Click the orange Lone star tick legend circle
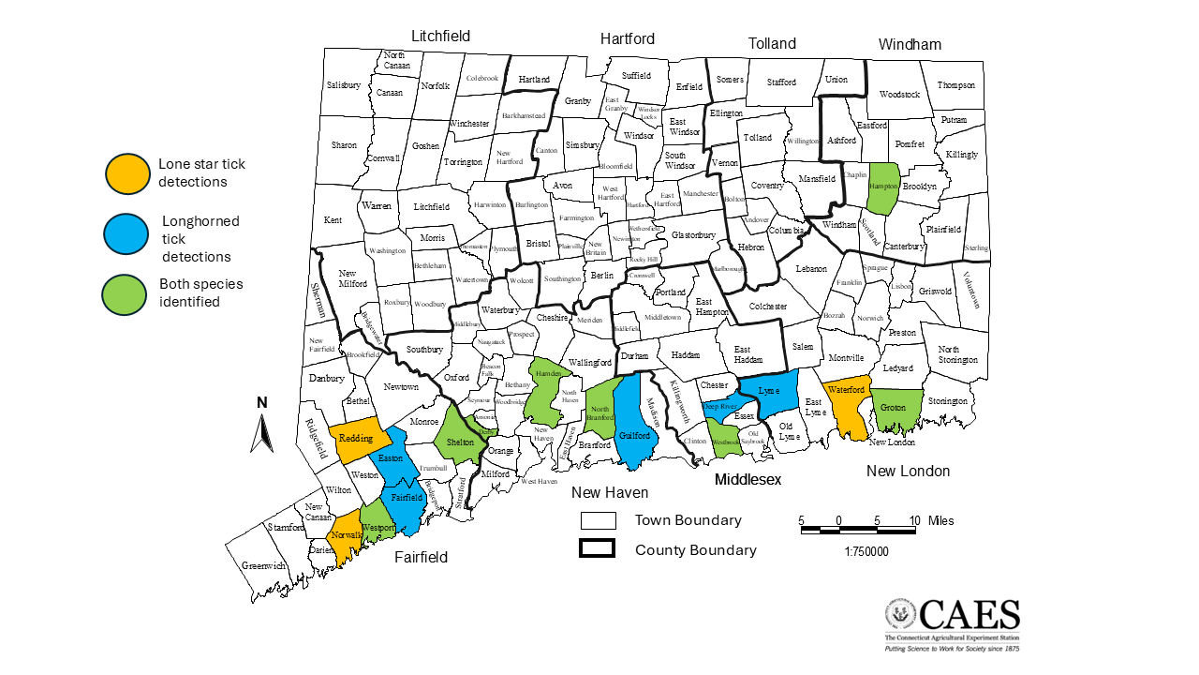[x=127, y=173]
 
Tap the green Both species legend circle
[x=126, y=292]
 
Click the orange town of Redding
[x=358, y=439]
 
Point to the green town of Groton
[x=896, y=408]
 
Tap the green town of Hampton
[x=884, y=187]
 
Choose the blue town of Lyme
[x=770, y=392]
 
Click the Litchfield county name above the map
[x=440, y=37]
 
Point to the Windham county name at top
[x=910, y=44]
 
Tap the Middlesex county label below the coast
[x=748, y=480]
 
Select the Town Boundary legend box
[x=597, y=520]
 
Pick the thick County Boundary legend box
[x=597, y=549]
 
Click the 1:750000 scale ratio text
[x=866, y=551]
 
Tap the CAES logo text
[x=969, y=615]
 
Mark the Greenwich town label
[x=263, y=566]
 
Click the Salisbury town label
[x=344, y=85]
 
